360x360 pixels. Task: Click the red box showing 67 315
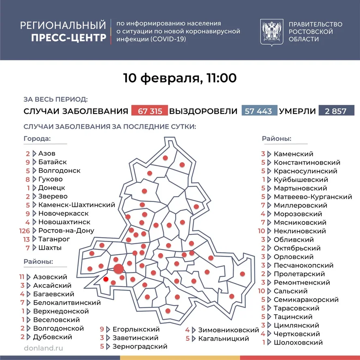coord(150,111)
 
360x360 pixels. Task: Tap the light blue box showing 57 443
coord(259,111)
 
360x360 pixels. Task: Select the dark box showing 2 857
coord(334,111)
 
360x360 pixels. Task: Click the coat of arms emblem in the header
coord(271,32)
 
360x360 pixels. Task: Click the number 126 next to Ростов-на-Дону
coord(25,231)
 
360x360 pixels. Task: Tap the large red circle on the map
coord(118,268)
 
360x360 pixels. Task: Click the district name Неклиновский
coord(300,231)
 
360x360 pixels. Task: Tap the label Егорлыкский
coord(136,329)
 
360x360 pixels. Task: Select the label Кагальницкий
coord(223,338)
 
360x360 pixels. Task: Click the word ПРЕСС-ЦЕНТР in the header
coord(69,38)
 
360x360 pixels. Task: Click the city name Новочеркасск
coord(64,213)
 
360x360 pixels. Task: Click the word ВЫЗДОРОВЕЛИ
coord(203,111)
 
